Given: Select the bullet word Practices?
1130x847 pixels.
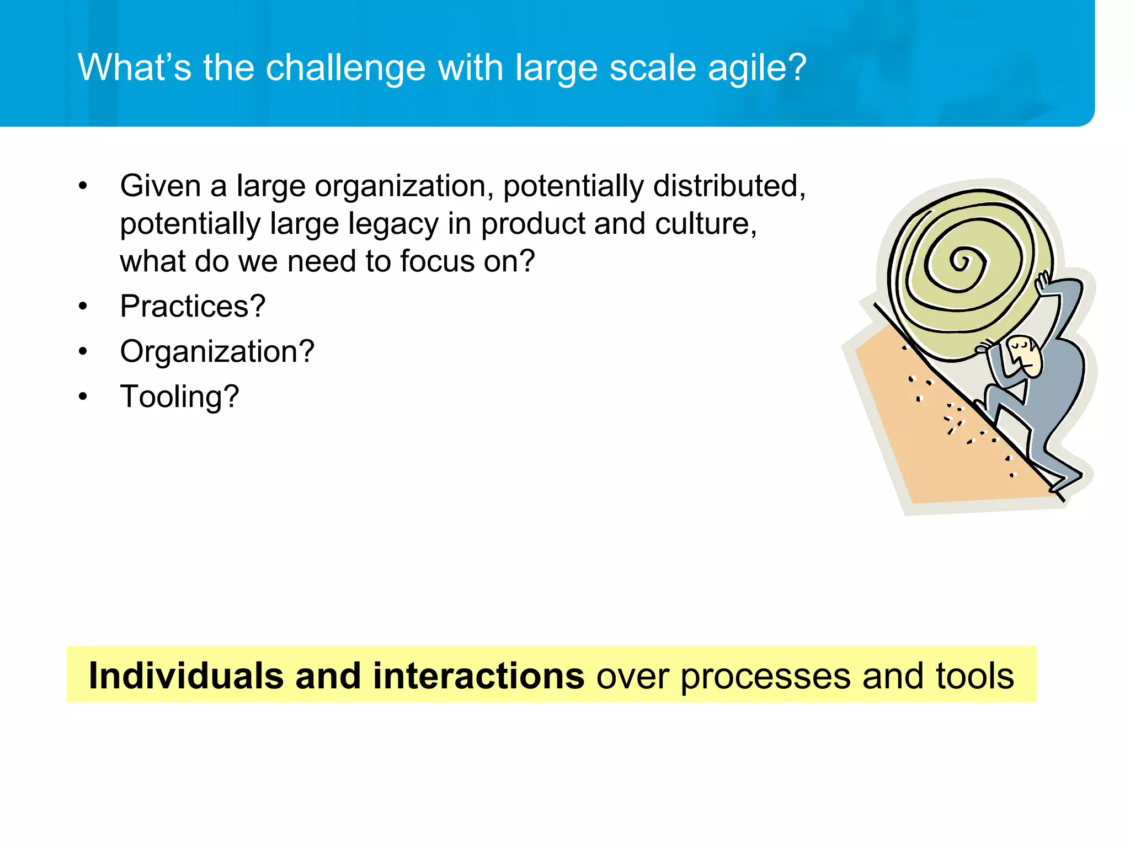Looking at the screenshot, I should (x=193, y=306).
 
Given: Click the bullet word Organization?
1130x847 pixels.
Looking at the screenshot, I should (x=217, y=351).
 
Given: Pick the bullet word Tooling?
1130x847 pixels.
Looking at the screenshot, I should (x=179, y=396).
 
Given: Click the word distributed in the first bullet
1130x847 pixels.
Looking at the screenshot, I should (x=728, y=186).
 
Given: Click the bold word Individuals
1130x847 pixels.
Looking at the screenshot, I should (x=186, y=676).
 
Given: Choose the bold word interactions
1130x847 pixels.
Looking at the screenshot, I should (x=478, y=676).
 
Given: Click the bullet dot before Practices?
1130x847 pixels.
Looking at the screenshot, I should (x=83, y=306).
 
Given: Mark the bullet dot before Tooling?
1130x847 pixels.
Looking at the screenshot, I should (x=83, y=396).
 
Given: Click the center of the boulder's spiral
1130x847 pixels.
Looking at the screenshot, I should (x=960, y=260).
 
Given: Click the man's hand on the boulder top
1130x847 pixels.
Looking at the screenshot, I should (x=1043, y=284).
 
